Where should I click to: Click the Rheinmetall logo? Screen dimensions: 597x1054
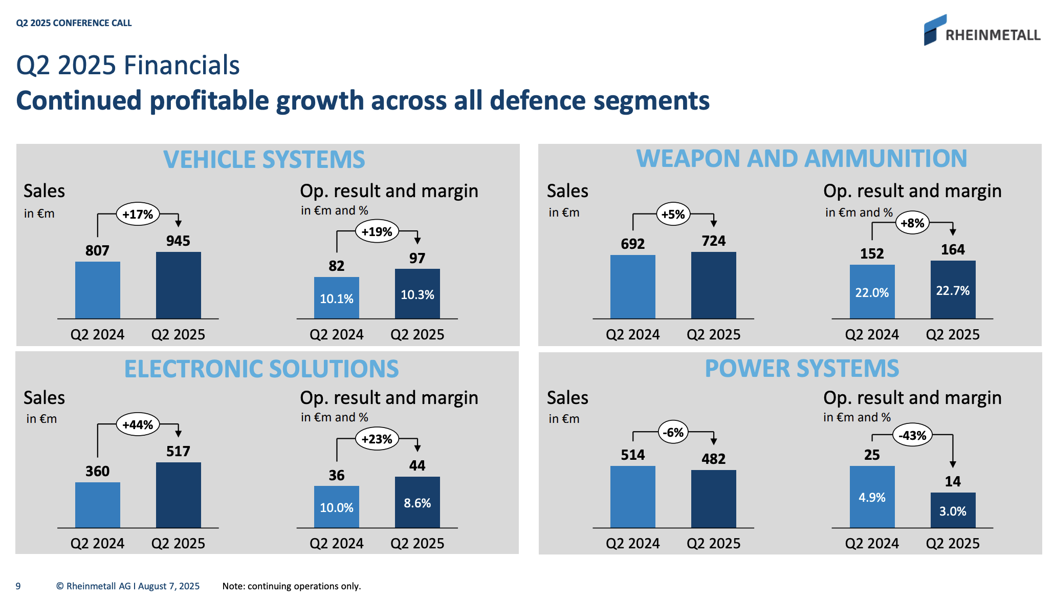pos(981,31)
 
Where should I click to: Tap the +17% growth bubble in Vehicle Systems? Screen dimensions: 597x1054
pos(138,214)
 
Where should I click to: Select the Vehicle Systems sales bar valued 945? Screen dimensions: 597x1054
pos(178,285)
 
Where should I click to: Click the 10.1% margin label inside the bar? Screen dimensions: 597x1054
pos(336,299)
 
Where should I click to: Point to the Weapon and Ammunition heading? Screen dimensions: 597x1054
pos(801,159)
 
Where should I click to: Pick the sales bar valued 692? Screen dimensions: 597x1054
pos(632,287)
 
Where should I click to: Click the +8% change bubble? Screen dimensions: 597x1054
pos(912,223)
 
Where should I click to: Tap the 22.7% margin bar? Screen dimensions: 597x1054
pos(953,290)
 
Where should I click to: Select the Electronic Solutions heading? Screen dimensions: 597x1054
pos(261,369)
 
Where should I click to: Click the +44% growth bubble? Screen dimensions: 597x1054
pos(138,424)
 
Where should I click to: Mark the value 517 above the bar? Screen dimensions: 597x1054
pos(178,452)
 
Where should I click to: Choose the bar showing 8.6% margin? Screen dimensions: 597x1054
pos(417,502)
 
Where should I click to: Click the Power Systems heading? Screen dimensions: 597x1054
pos(802,369)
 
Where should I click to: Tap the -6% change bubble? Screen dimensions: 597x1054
pos(673,433)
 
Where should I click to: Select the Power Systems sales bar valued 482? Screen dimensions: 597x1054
pos(713,499)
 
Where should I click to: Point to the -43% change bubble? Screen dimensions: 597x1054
pos(913,436)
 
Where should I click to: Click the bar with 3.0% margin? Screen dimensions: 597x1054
pos(953,510)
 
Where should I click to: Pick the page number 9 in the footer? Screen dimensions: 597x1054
pos(18,586)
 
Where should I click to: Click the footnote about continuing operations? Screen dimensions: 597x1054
pos(292,586)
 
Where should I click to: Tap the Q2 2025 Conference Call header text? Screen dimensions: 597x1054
pos(74,23)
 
